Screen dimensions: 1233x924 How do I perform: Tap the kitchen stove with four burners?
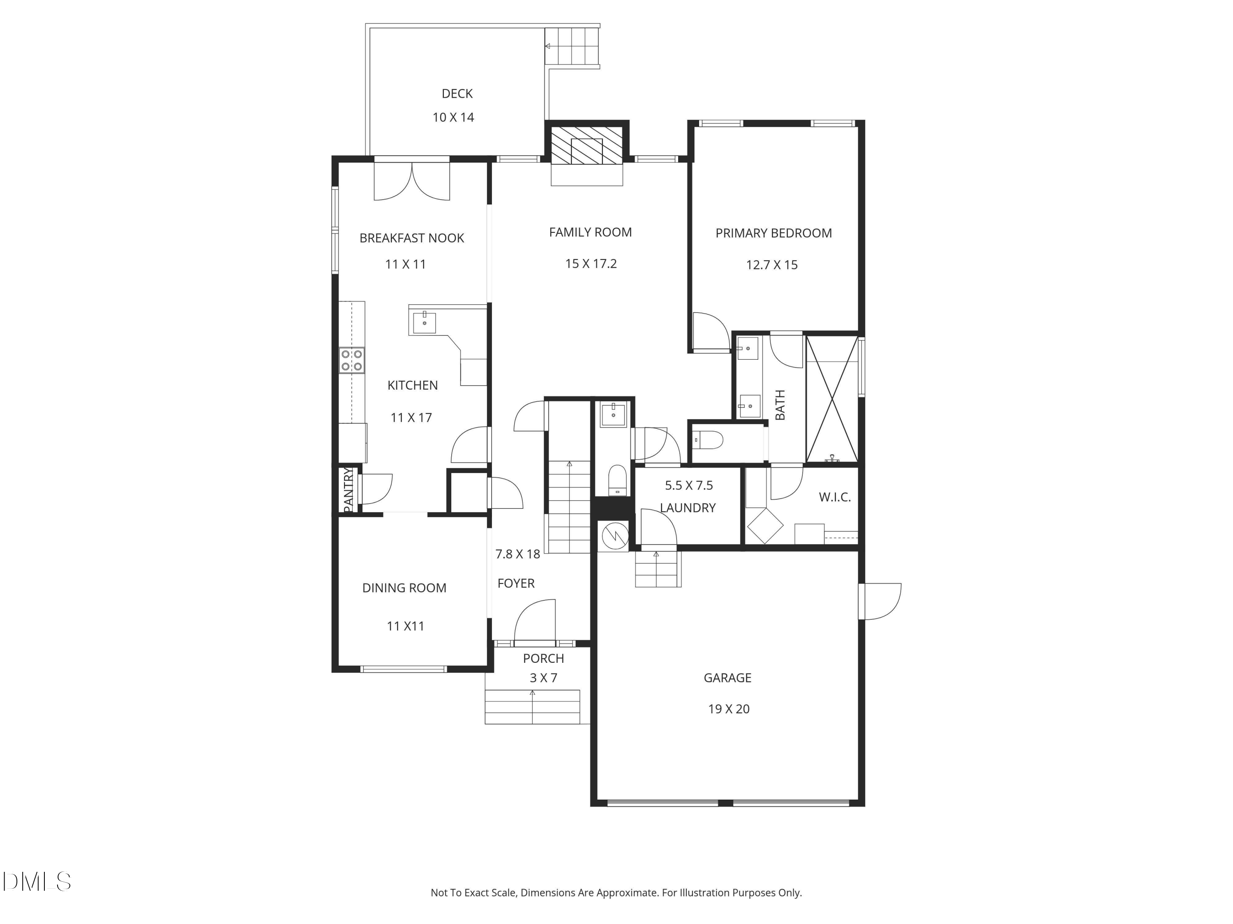point(352,360)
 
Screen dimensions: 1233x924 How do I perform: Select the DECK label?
point(457,94)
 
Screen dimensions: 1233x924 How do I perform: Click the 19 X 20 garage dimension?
point(729,709)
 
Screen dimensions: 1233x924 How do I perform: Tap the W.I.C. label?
point(834,497)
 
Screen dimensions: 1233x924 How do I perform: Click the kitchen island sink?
point(424,322)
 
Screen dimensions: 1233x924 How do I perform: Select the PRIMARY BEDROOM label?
point(774,233)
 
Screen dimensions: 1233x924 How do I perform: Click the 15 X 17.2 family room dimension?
point(591,264)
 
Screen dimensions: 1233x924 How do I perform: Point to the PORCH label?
point(543,658)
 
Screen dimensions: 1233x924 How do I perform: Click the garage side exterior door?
point(880,601)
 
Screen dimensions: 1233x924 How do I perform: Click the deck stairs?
point(573,46)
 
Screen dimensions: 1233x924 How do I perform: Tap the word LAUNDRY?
point(688,508)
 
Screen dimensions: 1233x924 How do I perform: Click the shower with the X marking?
point(832,399)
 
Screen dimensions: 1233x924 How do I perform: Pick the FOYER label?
point(516,583)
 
